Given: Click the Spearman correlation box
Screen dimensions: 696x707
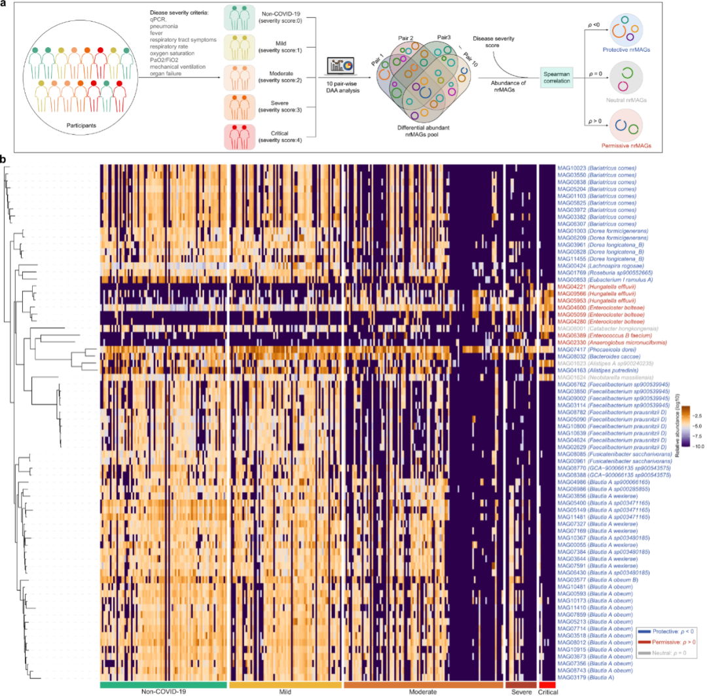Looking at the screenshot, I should pyautogui.click(x=561, y=77).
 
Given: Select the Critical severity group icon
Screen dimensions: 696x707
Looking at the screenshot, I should pyautogui.click(x=240, y=137).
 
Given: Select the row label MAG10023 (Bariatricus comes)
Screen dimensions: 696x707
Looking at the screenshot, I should pyautogui.click(x=596, y=167).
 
